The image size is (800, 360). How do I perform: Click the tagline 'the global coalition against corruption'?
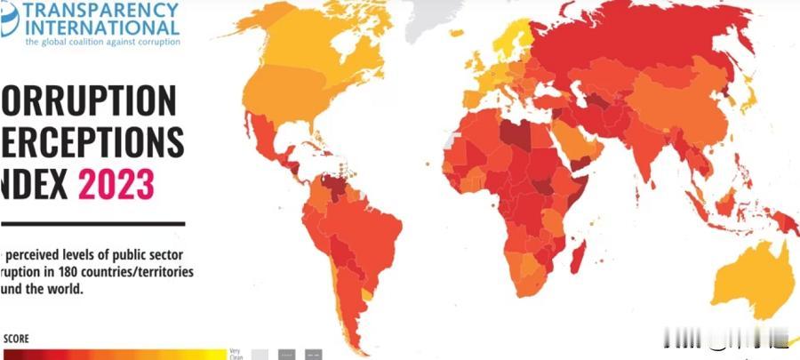(102, 41)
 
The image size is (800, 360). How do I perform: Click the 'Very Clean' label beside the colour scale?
(235, 353)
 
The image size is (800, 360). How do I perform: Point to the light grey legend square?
(260, 354)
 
